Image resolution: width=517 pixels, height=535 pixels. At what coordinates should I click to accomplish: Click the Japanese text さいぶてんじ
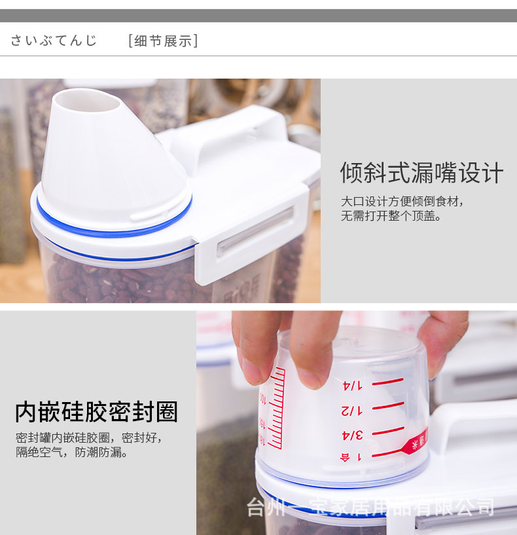click(54, 41)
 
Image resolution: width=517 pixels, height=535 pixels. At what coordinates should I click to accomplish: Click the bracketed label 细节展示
click(163, 41)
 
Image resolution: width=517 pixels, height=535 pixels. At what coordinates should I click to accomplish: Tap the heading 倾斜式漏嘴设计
click(421, 174)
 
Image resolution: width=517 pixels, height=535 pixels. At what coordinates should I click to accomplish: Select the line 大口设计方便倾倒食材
click(402, 201)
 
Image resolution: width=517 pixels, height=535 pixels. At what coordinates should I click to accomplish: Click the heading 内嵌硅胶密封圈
click(96, 412)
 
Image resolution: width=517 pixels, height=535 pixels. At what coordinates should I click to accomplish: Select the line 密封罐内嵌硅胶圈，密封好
click(89, 437)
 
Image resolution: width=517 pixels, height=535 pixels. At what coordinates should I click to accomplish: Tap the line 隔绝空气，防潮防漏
click(72, 452)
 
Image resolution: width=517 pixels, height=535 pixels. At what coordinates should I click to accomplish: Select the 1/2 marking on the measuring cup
click(351, 410)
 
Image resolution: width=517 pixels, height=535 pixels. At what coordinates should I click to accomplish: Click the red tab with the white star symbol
click(415, 443)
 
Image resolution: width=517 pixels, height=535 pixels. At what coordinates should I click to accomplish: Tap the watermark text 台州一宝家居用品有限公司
click(370, 507)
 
